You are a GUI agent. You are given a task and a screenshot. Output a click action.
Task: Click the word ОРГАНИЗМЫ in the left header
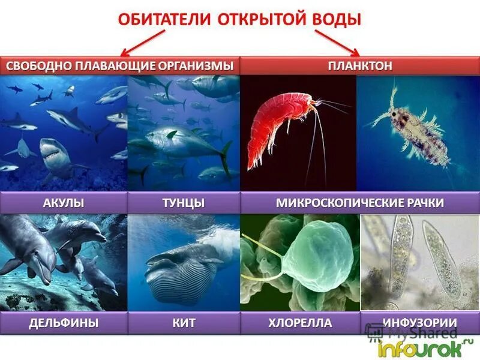196,65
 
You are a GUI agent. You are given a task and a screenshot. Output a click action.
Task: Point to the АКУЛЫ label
63,203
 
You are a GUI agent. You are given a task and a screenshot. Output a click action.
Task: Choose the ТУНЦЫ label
184,203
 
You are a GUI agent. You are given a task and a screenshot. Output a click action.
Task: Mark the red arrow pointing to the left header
144,43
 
